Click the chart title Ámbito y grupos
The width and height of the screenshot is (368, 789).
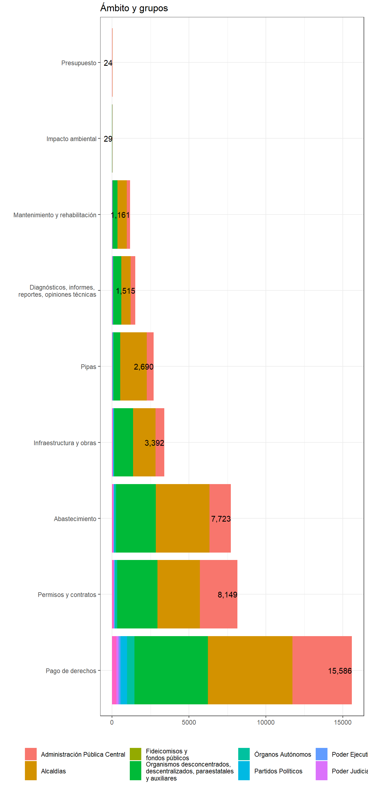pyautogui.click(x=134, y=8)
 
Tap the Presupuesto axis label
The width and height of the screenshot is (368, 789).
pyautogui.click(x=79, y=63)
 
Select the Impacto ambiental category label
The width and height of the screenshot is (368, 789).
pyautogui.click(x=71, y=139)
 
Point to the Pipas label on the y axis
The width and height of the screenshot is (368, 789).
pyautogui.click(x=88, y=367)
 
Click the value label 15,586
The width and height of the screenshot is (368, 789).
pyautogui.click(x=340, y=671)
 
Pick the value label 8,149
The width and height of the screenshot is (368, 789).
pyautogui.click(x=227, y=595)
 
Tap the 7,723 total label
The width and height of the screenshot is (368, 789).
pyautogui.click(x=220, y=519)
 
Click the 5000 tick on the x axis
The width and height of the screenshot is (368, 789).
pyautogui.click(x=189, y=722)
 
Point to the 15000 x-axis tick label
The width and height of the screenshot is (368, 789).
pyautogui.click(x=342, y=722)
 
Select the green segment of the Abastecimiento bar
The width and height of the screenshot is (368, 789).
pyautogui.click(x=136, y=518)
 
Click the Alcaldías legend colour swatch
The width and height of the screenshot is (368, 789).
pyautogui.click(x=31, y=771)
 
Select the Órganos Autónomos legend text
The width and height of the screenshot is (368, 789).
pyautogui.click(x=282, y=754)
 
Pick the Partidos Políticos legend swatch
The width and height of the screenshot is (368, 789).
pyautogui.click(x=244, y=771)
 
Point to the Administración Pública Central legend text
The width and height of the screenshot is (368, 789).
pyautogui.click(x=83, y=754)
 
